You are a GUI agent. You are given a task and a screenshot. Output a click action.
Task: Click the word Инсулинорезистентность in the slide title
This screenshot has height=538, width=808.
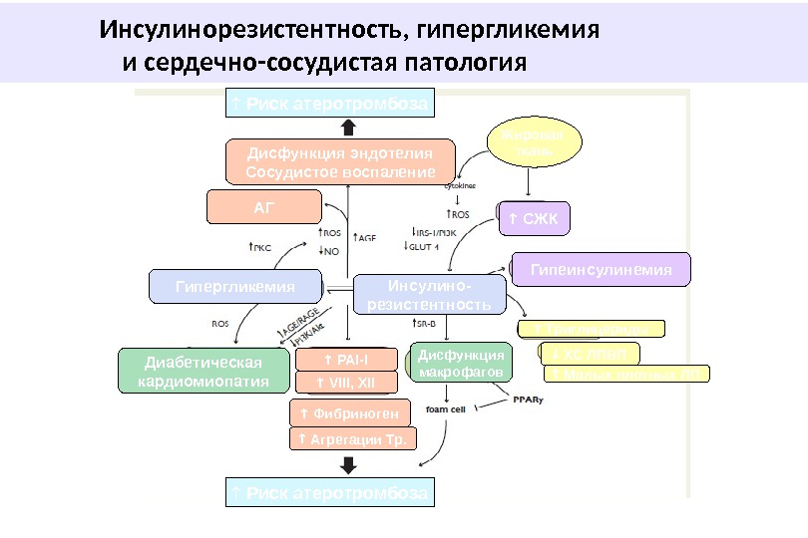250,30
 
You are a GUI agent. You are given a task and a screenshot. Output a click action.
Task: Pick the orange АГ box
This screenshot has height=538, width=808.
264,207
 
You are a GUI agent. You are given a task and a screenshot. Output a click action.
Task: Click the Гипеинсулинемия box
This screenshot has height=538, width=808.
601,269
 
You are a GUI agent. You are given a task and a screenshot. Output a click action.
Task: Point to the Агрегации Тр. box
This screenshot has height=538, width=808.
352,439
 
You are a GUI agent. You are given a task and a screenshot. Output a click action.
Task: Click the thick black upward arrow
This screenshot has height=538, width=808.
348,127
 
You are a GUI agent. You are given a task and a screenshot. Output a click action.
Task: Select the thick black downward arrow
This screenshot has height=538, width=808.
348,464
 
